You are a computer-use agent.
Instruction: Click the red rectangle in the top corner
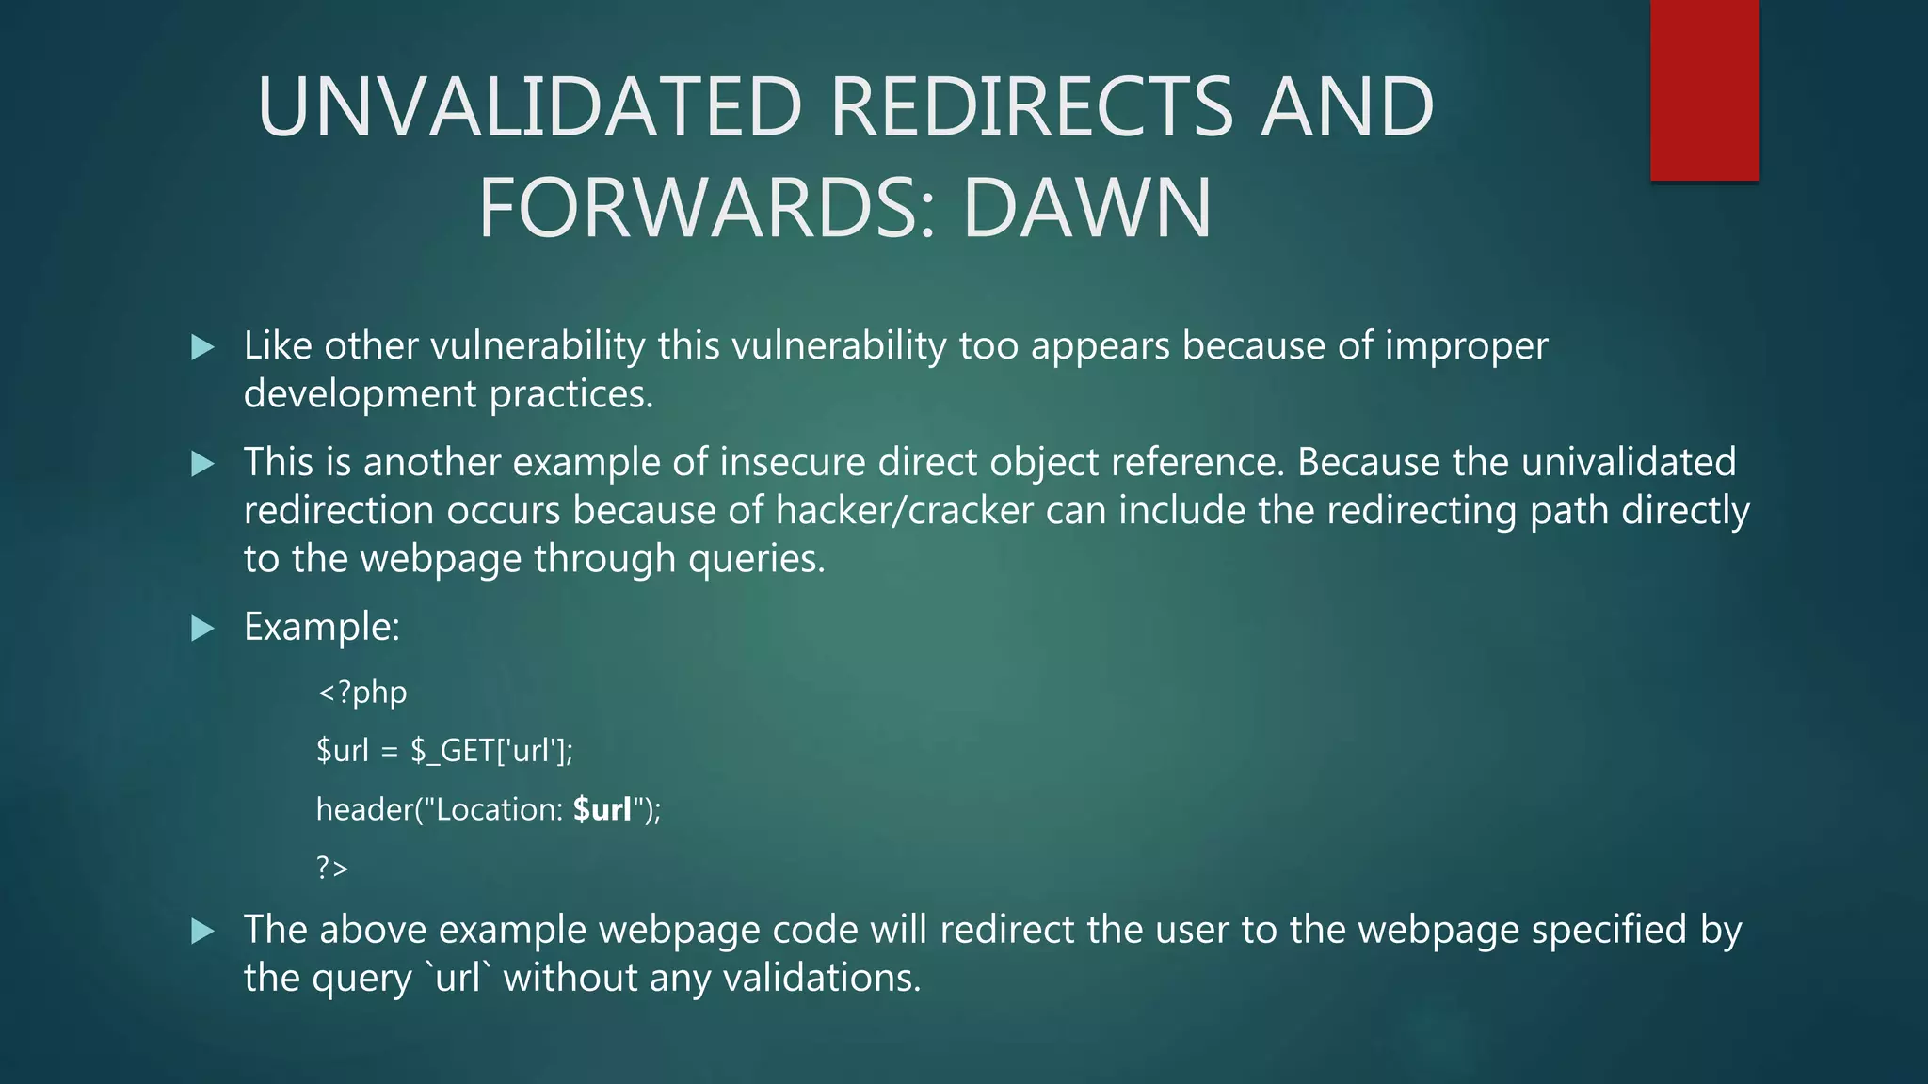[1704, 89]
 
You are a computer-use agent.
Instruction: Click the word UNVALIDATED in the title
[529, 107]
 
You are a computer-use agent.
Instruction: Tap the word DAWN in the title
[1087, 209]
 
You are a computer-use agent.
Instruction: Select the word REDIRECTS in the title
[1031, 107]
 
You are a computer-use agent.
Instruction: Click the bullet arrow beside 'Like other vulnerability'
[202, 347]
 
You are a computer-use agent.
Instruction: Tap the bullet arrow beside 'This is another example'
[202, 463]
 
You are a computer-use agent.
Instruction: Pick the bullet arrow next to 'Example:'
[202, 628]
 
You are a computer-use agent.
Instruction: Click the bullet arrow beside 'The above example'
[202, 931]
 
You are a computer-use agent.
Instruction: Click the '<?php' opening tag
[362, 693]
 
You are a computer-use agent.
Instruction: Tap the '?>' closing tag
[332, 867]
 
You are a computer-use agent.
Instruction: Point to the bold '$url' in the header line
[602, 809]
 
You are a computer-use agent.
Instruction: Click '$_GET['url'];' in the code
[491, 751]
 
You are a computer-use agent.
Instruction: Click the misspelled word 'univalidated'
[1628, 463]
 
